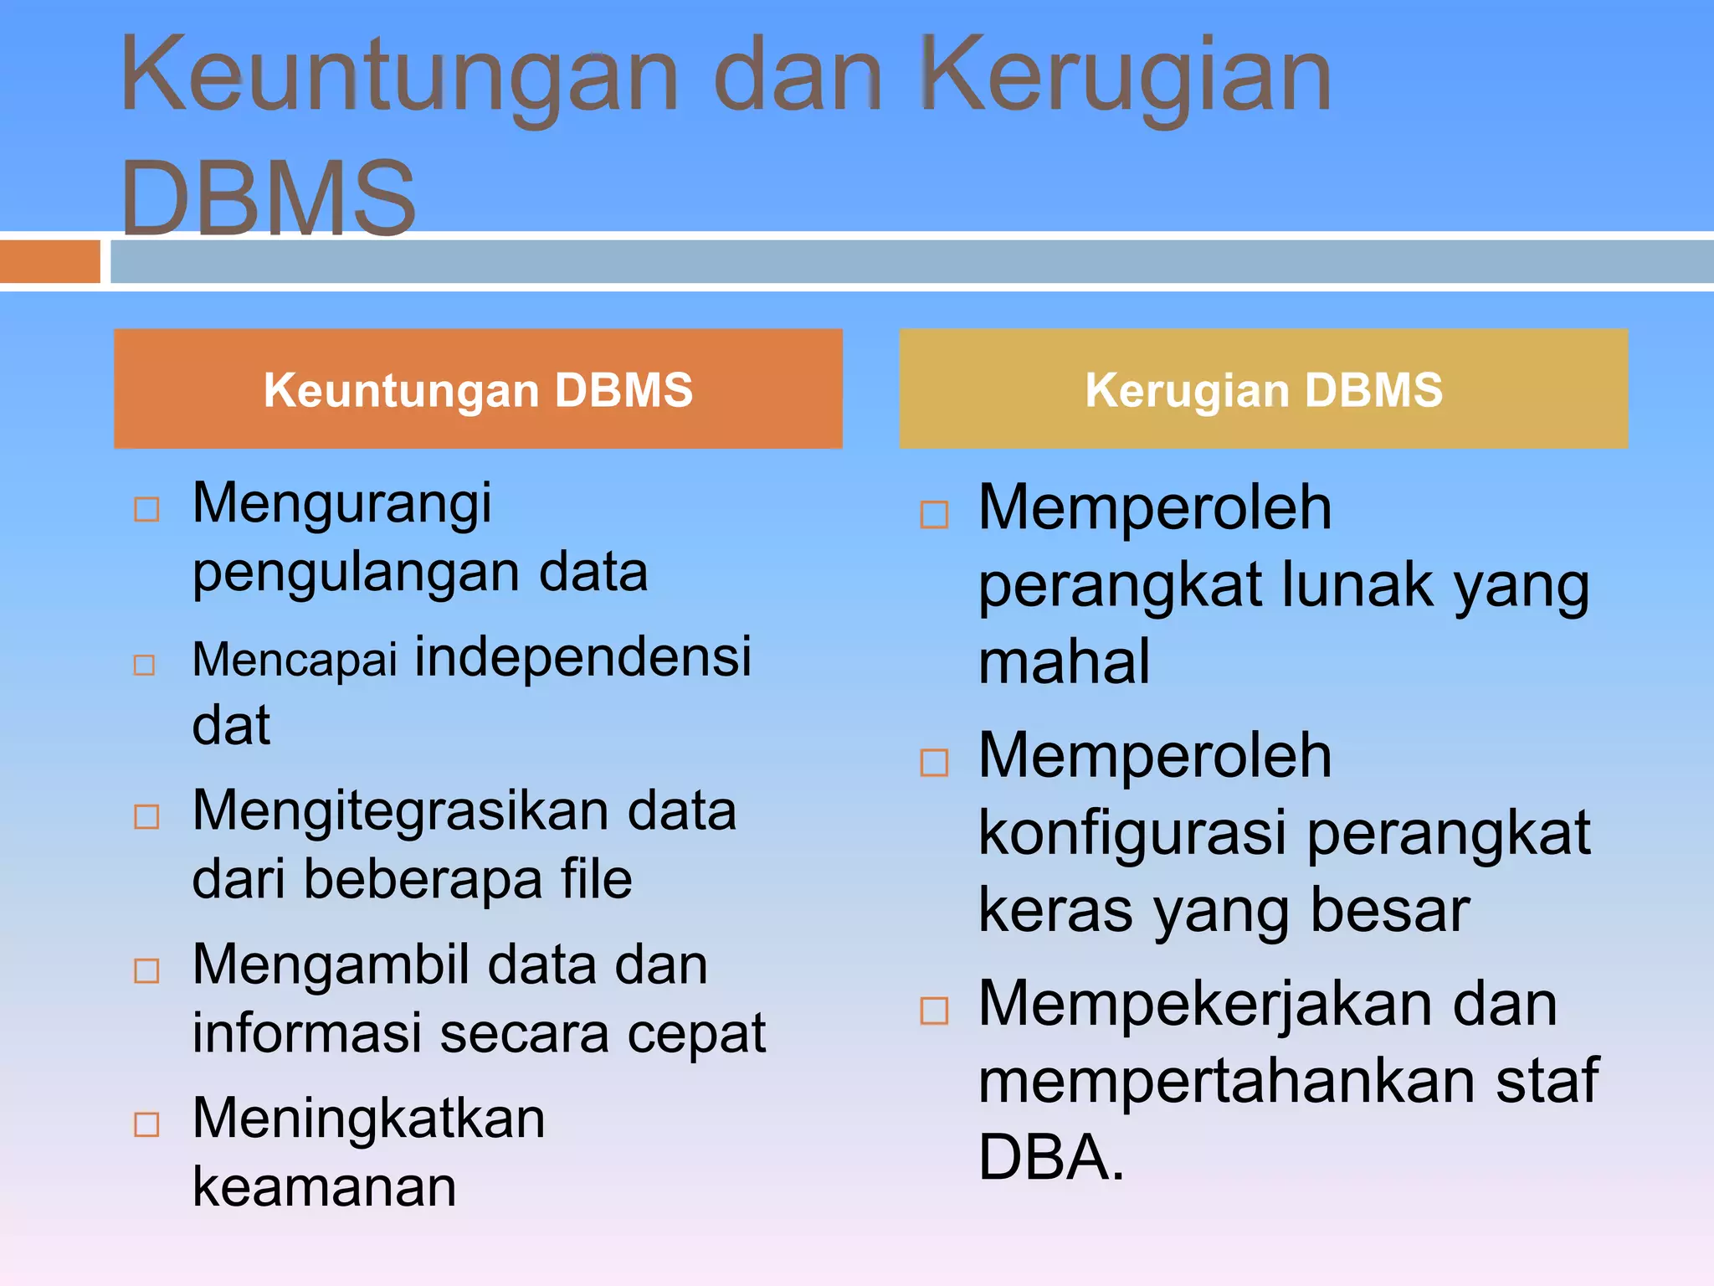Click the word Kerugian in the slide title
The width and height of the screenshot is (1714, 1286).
click(1126, 77)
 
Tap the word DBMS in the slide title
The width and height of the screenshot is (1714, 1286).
click(268, 198)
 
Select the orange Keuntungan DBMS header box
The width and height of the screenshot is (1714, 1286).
click(478, 388)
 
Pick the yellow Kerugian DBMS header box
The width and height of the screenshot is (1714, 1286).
click(1263, 388)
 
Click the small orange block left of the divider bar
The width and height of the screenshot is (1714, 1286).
click(49, 261)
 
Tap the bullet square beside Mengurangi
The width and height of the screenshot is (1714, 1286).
click(146, 509)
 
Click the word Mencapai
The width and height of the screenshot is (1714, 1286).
click(295, 659)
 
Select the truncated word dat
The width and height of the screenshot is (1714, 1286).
click(231, 725)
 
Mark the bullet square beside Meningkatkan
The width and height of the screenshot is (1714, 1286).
click(146, 1124)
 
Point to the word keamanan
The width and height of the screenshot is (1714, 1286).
click(325, 1187)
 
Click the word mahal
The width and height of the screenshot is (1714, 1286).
click(1064, 661)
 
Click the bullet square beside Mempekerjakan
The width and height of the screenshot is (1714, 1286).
click(934, 1011)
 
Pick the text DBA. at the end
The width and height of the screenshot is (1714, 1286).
click(1051, 1157)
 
